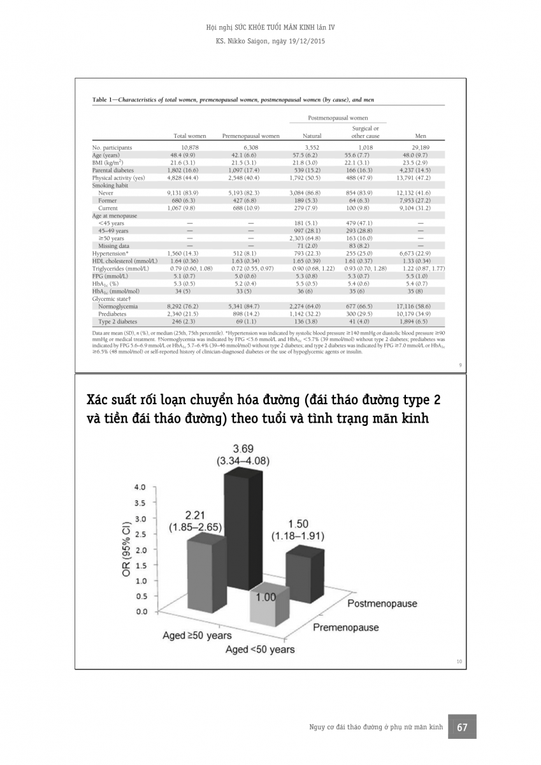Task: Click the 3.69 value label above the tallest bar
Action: click(242, 448)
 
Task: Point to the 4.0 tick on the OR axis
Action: click(138, 488)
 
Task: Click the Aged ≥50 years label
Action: click(197, 636)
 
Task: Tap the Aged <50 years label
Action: click(260, 649)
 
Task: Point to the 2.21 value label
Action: click(195, 514)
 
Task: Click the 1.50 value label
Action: click(298, 523)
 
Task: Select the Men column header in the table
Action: click(421, 136)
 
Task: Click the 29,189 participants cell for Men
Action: click(421, 148)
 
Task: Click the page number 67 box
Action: click(463, 727)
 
